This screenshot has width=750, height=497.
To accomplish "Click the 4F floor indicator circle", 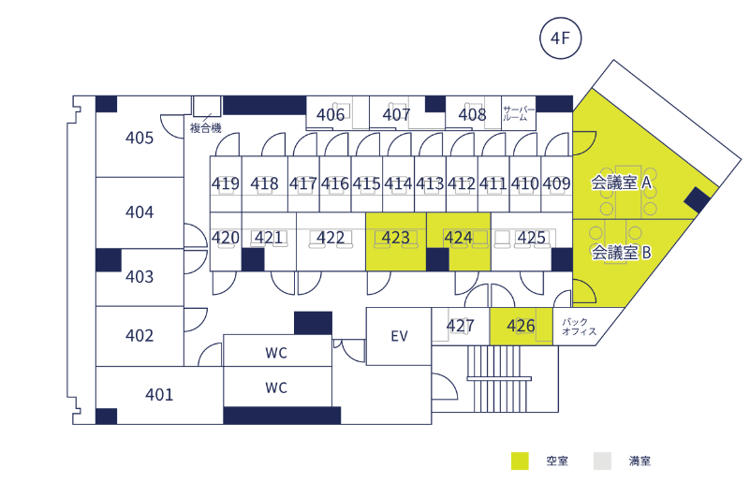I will [561, 38].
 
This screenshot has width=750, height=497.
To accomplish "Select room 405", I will [140, 139].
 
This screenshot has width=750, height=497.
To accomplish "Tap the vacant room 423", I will [396, 239].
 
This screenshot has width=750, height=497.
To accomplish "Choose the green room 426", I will [521, 326].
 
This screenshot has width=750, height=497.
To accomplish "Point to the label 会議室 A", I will [621, 183].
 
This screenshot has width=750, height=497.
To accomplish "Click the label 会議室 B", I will [620, 252].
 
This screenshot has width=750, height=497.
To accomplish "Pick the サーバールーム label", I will [519, 114].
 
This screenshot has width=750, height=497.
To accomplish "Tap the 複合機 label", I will [205, 128].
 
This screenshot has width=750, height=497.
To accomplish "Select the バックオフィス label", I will [580, 327].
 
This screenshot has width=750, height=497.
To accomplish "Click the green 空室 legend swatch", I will [521, 460].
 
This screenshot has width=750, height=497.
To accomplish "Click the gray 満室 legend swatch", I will [602, 460].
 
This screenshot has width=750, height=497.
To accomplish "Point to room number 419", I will [226, 183].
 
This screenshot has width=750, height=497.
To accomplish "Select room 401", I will [159, 394].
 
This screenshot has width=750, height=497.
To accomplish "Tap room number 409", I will [556, 183].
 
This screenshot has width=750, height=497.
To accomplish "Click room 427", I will [460, 327].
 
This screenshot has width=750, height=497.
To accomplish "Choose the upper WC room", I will [276, 353].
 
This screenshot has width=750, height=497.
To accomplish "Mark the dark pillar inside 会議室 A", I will [696, 198].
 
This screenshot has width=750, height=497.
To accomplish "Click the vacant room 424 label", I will [458, 239].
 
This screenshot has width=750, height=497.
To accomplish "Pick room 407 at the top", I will [397, 114].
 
